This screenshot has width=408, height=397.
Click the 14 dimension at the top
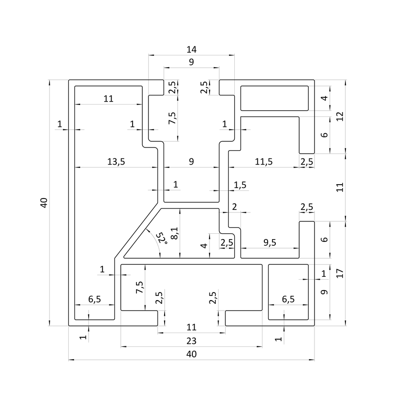click(x=191, y=49)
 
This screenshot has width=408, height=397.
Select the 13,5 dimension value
click(x=116, y=161)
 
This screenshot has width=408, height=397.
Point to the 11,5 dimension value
click(x=263, y=161)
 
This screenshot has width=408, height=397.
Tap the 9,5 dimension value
click(x=270, y=242)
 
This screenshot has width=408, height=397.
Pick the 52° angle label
click(x=162, y=237)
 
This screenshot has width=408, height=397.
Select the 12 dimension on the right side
click(x=340, y=116)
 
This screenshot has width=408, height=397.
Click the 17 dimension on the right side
click(x=340, y=273)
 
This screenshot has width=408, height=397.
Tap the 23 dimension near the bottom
click(x=191, y=341)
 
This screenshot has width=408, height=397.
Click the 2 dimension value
click(x=234, y=207)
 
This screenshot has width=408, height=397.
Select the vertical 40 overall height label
click(x=44, y=202)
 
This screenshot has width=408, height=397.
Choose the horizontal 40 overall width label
click(x=191, y=354)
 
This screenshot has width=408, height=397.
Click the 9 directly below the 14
click(x=191, y=62)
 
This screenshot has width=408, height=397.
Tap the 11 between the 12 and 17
click(x=340, y=188)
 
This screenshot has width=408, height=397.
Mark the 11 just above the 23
click(x=191, y=327)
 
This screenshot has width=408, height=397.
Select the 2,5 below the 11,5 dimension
click(x=307, y=162)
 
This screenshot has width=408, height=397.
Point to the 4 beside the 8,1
click(x=204, y=246)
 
